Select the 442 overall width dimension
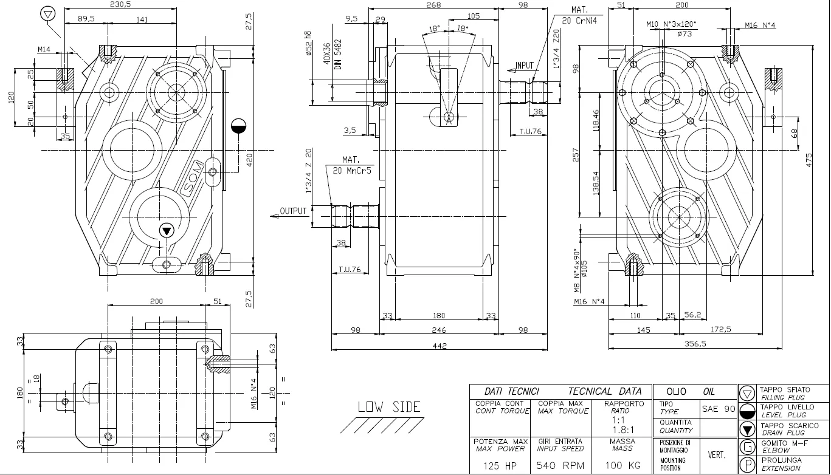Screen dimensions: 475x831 tap(439, 346)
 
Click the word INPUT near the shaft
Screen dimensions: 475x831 tap(524, 66)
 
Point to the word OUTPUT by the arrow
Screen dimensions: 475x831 tap(294, 211)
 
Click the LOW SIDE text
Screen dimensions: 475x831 tap(389, 407)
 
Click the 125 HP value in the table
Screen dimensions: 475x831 tap(500, 466)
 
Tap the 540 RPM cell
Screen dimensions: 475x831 tap(560, 466)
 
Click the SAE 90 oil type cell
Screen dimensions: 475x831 tap(719, 409)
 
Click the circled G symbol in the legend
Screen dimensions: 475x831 tap(747, 448)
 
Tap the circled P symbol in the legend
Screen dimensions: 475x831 tap(747, 465)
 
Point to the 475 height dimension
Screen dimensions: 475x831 tap(809, 160)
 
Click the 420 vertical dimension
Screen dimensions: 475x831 tap(248, 160)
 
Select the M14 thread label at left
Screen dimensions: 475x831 tap(44, 49)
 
